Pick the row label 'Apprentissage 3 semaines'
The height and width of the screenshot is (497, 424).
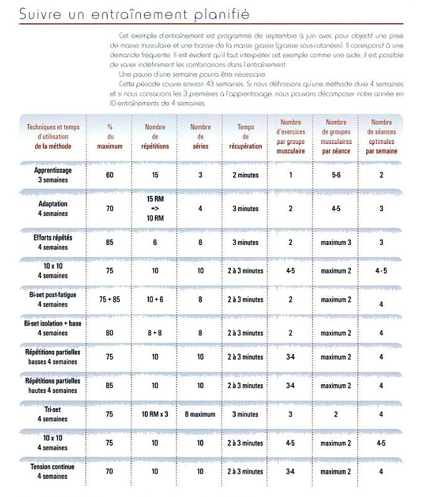tap(53, 174)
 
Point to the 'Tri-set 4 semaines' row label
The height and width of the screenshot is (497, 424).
tap(53, 414)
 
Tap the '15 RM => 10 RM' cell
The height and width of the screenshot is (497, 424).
tap(155, 209)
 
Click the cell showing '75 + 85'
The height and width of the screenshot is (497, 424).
tap(109, 300)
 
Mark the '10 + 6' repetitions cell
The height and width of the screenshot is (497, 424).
tap(155, 300)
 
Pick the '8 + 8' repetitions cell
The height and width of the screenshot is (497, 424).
tap(155, 333)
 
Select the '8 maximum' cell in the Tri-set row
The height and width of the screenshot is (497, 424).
tap(200, 414)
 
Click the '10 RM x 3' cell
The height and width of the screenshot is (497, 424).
tap(155, 414)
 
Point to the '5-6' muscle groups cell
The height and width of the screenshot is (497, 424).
tap(336, 174)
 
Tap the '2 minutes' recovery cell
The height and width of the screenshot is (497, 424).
tap(245, 174)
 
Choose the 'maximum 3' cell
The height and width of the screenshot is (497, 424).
tap(336, 243)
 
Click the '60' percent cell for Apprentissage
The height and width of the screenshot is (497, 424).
tap(109, 174)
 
